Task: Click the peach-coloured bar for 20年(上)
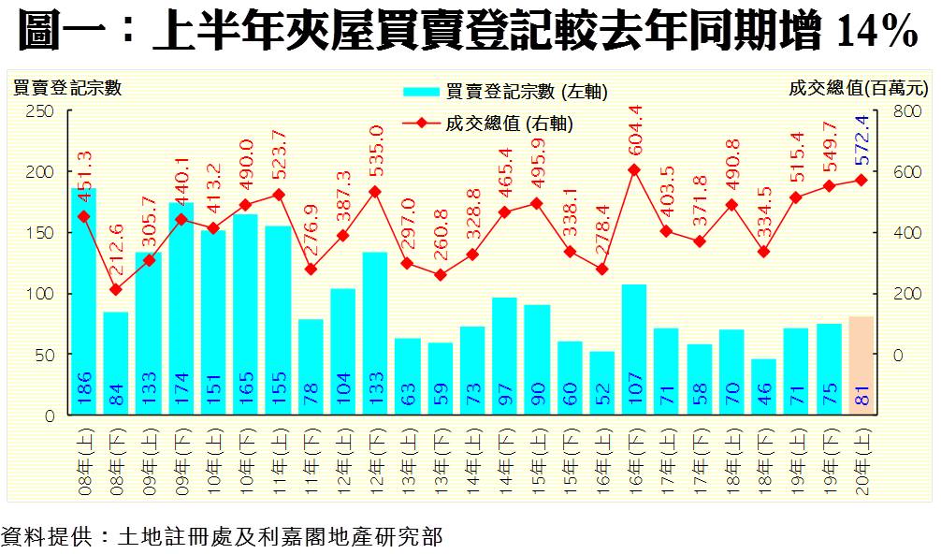pos(861,366)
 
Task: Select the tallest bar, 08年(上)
pos(84,299)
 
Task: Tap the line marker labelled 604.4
pos(634,170)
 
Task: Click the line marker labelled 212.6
pos(116,289)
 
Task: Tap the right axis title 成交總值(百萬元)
pos(858,89)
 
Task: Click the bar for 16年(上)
pos(601,383)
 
